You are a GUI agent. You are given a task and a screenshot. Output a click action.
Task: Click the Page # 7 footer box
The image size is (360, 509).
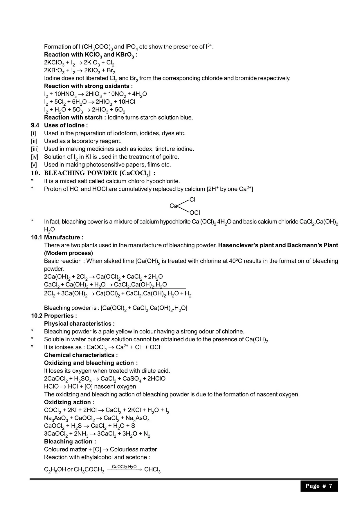(x=319, y=486)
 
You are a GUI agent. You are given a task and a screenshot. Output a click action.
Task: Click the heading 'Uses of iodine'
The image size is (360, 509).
(x=66, y=125)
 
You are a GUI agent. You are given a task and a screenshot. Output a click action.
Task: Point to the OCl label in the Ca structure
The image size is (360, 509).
(x=195, y=213)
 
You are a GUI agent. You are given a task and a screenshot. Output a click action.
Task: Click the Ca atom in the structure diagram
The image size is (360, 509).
(x=173, y=206)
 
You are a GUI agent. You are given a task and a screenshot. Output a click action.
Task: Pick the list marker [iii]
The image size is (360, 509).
(x=35, y=149)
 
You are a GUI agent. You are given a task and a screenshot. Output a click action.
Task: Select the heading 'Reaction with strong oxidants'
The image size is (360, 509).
(x=88, y=86)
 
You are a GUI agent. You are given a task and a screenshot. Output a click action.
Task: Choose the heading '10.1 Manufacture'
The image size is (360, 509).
(x=57, y=237)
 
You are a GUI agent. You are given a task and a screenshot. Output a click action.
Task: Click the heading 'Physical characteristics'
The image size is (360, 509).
(x=79, y=324)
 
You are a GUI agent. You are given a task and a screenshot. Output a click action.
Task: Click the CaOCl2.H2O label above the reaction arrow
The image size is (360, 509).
(x=124, y=467)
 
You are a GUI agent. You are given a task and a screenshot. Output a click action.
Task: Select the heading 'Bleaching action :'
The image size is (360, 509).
(x=70, y=441)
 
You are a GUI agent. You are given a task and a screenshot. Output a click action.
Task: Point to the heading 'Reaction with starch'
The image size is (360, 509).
(x=73, y=118)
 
